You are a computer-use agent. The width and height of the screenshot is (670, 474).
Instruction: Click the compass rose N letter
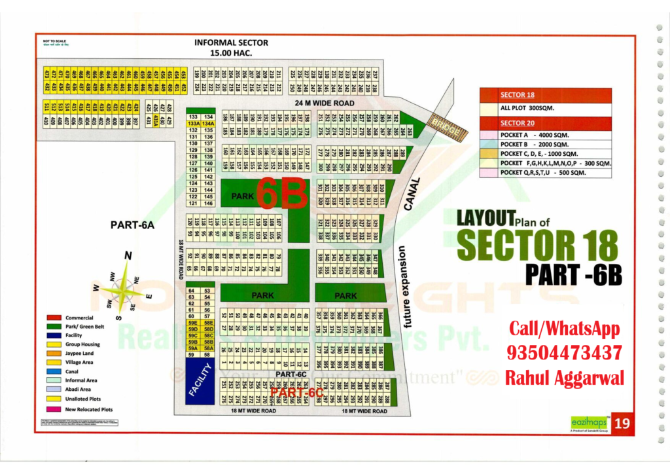click(x=128, y=255)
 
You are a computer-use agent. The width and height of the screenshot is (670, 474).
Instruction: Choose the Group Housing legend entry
click(x=82, y=344)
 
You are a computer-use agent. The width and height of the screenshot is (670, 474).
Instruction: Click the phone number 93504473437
click(x=564, y=353)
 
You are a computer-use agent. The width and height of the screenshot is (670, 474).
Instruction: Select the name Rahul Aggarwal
click(x=564, y=378)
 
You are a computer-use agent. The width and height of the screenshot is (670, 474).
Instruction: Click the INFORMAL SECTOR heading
click(x=231, y=43)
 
